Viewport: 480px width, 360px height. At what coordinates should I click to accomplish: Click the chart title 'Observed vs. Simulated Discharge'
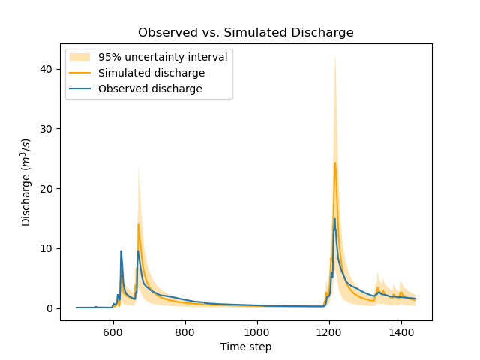tap(245, 33)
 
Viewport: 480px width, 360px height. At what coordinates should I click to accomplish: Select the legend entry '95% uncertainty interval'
tap(163, 57)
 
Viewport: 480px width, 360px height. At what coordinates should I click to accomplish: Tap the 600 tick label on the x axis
tap(113, 331)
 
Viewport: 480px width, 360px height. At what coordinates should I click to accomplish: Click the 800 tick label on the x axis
tap(185, 331)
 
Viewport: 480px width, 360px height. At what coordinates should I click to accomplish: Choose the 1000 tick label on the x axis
tap(257, 331)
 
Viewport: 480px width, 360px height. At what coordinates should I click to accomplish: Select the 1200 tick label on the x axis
tap(328, 331)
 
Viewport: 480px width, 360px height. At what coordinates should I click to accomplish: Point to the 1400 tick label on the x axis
tap(400, 331)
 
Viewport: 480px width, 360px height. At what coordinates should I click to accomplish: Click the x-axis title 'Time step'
tap(245, 346)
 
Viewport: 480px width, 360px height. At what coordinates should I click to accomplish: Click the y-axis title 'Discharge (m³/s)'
tap(26, 182)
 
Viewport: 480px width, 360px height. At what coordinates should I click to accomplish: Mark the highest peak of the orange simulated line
tap(335, 163)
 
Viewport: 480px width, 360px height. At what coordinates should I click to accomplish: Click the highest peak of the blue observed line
tap(334, 219)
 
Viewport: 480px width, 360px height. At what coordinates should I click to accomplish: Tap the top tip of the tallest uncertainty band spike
tap(335, 55)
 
